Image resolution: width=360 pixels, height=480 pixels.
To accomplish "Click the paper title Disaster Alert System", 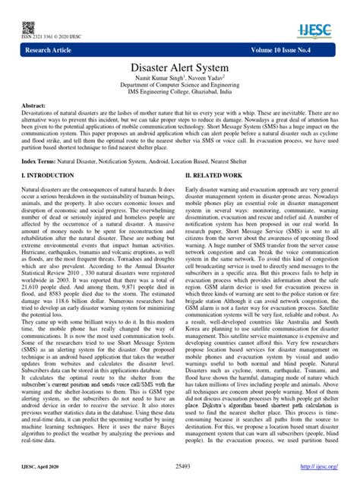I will tap(180, 72).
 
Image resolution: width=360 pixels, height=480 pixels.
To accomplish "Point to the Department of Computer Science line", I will tap(180, 98).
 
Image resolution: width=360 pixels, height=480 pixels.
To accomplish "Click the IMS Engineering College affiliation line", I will tap(180, 107).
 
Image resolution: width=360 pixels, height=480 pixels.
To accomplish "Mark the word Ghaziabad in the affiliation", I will tap(215, 107).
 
